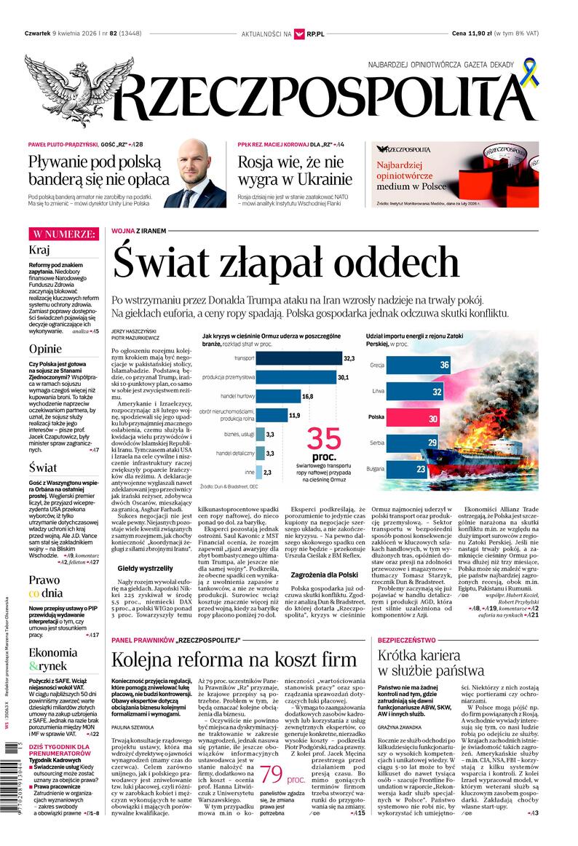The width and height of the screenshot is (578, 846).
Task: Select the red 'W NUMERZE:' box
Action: point(63,234)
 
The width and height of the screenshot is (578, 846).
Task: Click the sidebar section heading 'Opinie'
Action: point(45,348)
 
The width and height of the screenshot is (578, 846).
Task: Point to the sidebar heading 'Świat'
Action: point(43,467)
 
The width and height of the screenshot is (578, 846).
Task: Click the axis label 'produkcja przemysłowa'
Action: point(229,377)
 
